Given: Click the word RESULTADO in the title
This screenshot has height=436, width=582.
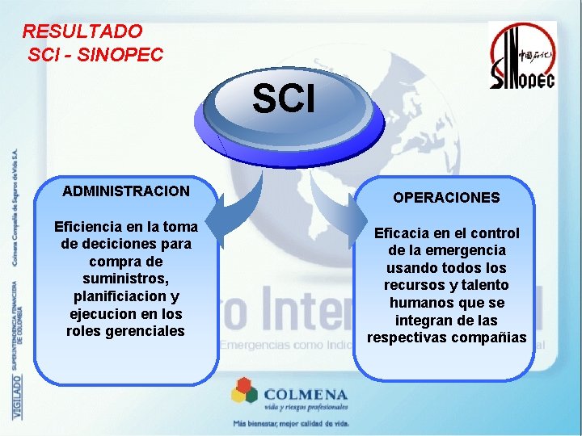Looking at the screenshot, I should [x=82, y=31].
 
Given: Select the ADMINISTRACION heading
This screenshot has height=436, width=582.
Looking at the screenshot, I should [x=126, y=191].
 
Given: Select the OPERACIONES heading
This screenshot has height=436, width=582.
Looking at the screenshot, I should [x=446, y=197].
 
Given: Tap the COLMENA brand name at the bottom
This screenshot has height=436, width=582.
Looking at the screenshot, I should [x=305, y=394].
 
